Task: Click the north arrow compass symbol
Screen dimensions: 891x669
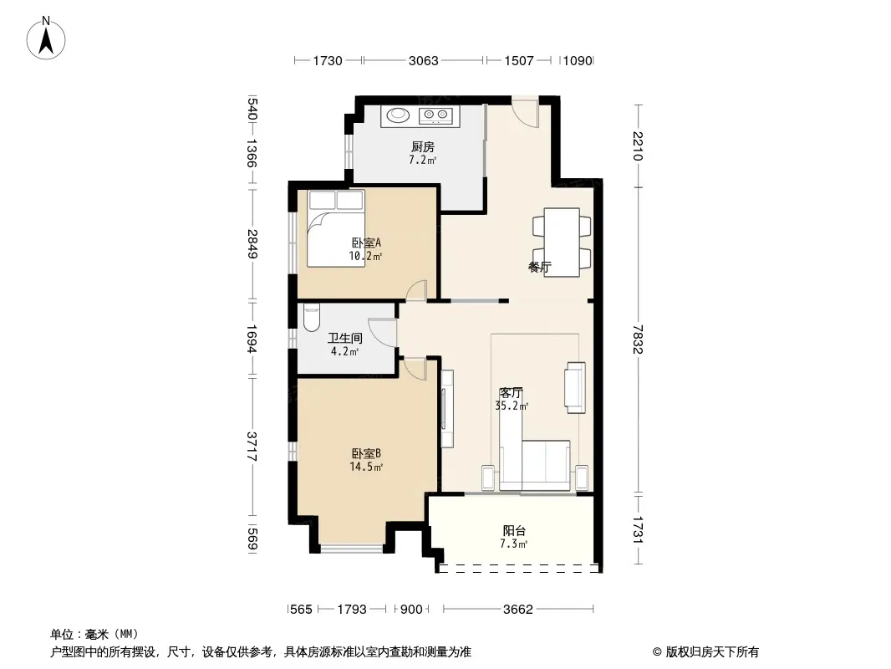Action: click(46, 38)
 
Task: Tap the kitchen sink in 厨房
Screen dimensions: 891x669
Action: click(398, 115)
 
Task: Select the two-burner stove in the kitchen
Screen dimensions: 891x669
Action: click(435, 116)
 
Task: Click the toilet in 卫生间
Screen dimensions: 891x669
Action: click(312, 319)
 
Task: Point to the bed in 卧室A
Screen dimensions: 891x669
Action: click(336, 228)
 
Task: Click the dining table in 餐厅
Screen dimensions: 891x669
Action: click(562, 243)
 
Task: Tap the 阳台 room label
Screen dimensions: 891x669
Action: click(514, 531)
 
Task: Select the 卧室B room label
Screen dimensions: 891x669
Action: click(366, 453)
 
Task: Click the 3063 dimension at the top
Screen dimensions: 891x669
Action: click(423, 60)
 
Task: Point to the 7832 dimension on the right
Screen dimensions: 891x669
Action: click(638, 340)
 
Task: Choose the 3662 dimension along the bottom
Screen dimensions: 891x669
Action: click(517, 610)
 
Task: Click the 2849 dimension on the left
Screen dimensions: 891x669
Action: click(252, 244)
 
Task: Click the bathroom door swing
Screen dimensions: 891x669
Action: click(382, 332)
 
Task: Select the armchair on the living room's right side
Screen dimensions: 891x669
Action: click(574, 388)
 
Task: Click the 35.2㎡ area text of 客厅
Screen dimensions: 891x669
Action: click(512, 406)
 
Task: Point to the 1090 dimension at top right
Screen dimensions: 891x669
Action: click(578, 60)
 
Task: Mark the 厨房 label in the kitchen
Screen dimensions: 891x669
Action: click(423, 146)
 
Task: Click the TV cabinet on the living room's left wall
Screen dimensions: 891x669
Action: click(447, 408)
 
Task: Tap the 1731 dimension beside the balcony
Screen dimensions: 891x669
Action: click(638, 529)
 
